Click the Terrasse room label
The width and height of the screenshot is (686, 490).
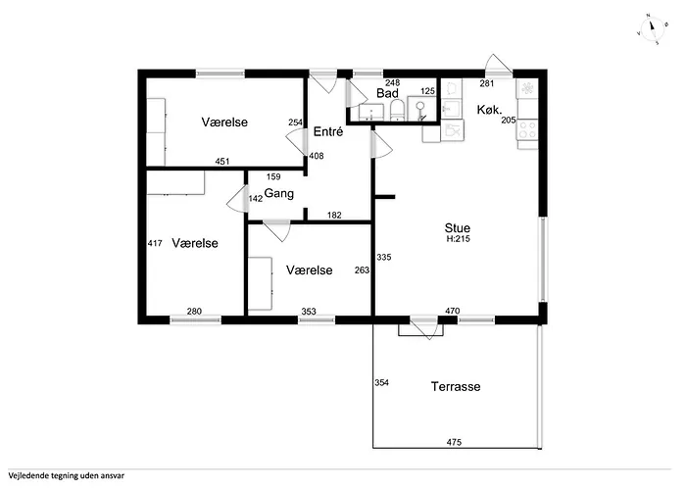coord(456,387)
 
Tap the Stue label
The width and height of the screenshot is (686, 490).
coord(458,228)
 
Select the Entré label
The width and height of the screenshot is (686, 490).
coord(328,131)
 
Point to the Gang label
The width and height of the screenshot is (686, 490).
coord(279,194)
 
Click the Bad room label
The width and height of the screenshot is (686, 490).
coord(387,93)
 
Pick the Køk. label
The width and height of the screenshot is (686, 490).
coord(489,110)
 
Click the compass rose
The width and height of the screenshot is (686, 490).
coord(652,28)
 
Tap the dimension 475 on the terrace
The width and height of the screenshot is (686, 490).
coord(454,442)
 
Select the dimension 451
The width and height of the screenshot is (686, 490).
coord(222,162)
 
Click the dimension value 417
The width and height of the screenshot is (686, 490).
coord(155,243)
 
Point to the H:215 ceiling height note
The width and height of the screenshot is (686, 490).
coord(458,239)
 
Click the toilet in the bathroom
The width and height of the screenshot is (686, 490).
coord(397,110)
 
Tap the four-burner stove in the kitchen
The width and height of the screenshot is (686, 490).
coord(527,129)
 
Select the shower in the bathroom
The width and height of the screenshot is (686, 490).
coord(421,109)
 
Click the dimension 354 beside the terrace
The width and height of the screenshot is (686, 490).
coord(381,383)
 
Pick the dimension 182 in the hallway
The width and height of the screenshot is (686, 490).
coord(334,215)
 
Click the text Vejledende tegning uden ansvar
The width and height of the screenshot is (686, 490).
coord(66,475)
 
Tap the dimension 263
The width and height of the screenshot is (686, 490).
coord(362,270)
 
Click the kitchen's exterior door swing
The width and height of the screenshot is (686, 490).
coord(499,65)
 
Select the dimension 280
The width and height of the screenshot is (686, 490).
coord(194,311)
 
